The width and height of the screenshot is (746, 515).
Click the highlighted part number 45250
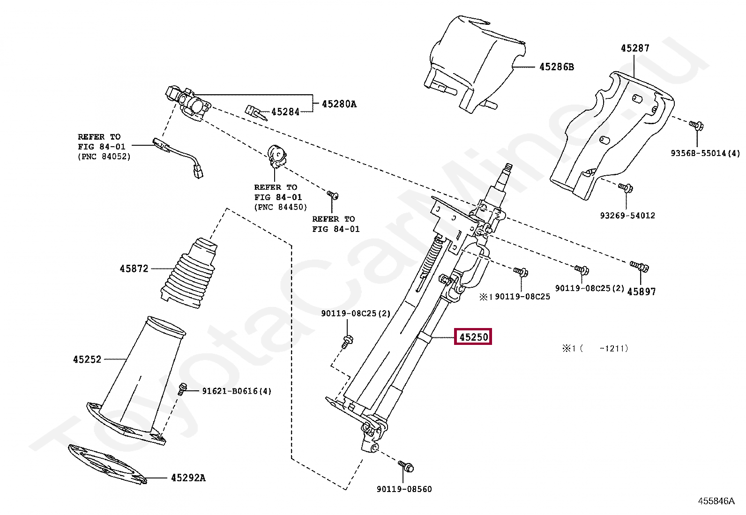[x=473, y=337]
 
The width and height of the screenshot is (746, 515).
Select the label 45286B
[x=556, y=67]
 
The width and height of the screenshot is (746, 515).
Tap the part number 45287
[x=635, y=48]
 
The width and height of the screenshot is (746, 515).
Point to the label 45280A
[x=339, y=104]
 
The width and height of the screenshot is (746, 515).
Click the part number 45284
[x=285, y=112]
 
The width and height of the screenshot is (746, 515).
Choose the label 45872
[x=134, y=269]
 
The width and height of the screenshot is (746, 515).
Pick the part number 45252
[x=87, y=359]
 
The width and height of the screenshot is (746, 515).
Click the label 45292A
[x=188, y=478]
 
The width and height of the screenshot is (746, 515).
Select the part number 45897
[x=641, y=291]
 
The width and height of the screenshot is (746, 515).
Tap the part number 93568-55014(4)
[x=705, y=153]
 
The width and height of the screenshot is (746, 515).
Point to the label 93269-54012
[x=627, y=216]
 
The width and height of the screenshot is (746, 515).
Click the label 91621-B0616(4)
[x=237, y=391]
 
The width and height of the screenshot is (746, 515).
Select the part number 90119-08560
[x=404, y=489]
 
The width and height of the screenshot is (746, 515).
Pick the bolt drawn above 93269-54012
[x=625, y=188]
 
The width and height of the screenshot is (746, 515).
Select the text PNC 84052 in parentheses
[x=104, y=157]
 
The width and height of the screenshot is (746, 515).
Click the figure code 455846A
[x=716, y=501]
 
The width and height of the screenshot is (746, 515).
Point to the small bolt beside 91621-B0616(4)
[x=183, y=388]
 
